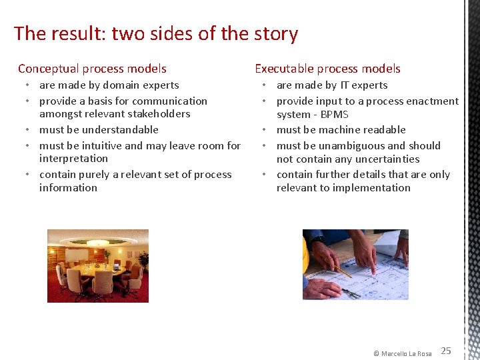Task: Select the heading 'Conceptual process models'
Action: pos(92,69)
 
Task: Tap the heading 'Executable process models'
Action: pos(327,69)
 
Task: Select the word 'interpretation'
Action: pos(73,159)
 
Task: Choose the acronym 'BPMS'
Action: pos(335,115)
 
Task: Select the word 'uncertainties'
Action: pos(387,159)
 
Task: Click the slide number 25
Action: pos(446,351)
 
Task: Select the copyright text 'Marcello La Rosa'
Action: pos(406,353)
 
